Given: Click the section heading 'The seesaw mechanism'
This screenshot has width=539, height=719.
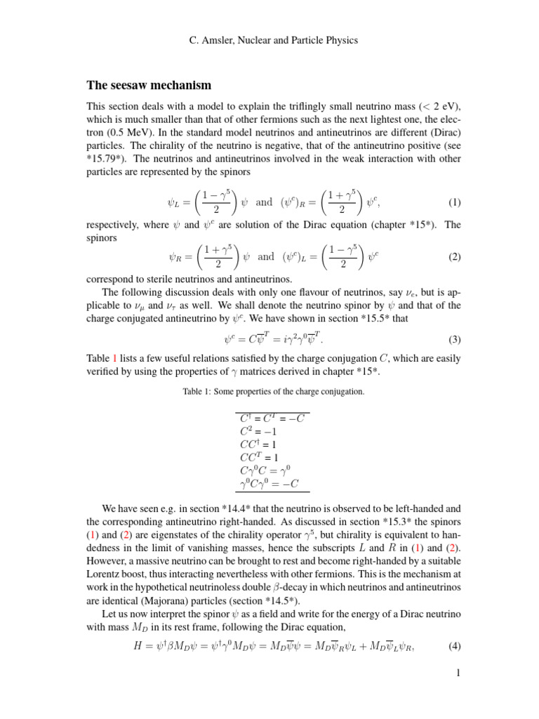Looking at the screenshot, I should (149, 86).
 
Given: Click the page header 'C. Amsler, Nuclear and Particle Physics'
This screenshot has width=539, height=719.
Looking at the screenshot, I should (274, 40).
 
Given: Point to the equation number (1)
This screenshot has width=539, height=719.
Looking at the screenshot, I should (454, 202).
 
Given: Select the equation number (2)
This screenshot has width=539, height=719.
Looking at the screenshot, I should (454, 257).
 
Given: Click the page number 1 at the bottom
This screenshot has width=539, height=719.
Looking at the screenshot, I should (458, 673).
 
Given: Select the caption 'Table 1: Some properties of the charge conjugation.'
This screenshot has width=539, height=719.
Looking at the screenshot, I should (273, 391).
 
